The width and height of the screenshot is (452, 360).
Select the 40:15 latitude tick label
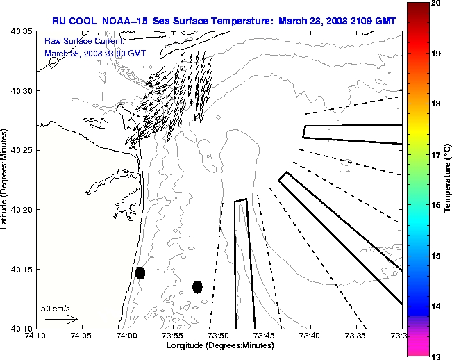pyautogui.click(x=18, y=269)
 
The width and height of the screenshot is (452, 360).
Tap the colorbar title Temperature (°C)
pyautogui.click(x=449, y=180)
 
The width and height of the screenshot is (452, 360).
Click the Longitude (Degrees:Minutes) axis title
pyautogui.click(x=218, y=345)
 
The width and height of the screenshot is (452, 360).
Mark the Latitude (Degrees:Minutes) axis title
pyautogui.click(x=6, y=180)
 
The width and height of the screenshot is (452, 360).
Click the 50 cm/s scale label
pyautogui.click(x=56, y=309)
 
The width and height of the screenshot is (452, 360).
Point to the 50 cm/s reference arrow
pyautogui.click(x=61, y=319)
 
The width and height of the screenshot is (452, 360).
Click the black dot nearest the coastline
pyautogui.click(x=140, y=272)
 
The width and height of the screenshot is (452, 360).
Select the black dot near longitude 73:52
pyautogui.click(x=197, y=286)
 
